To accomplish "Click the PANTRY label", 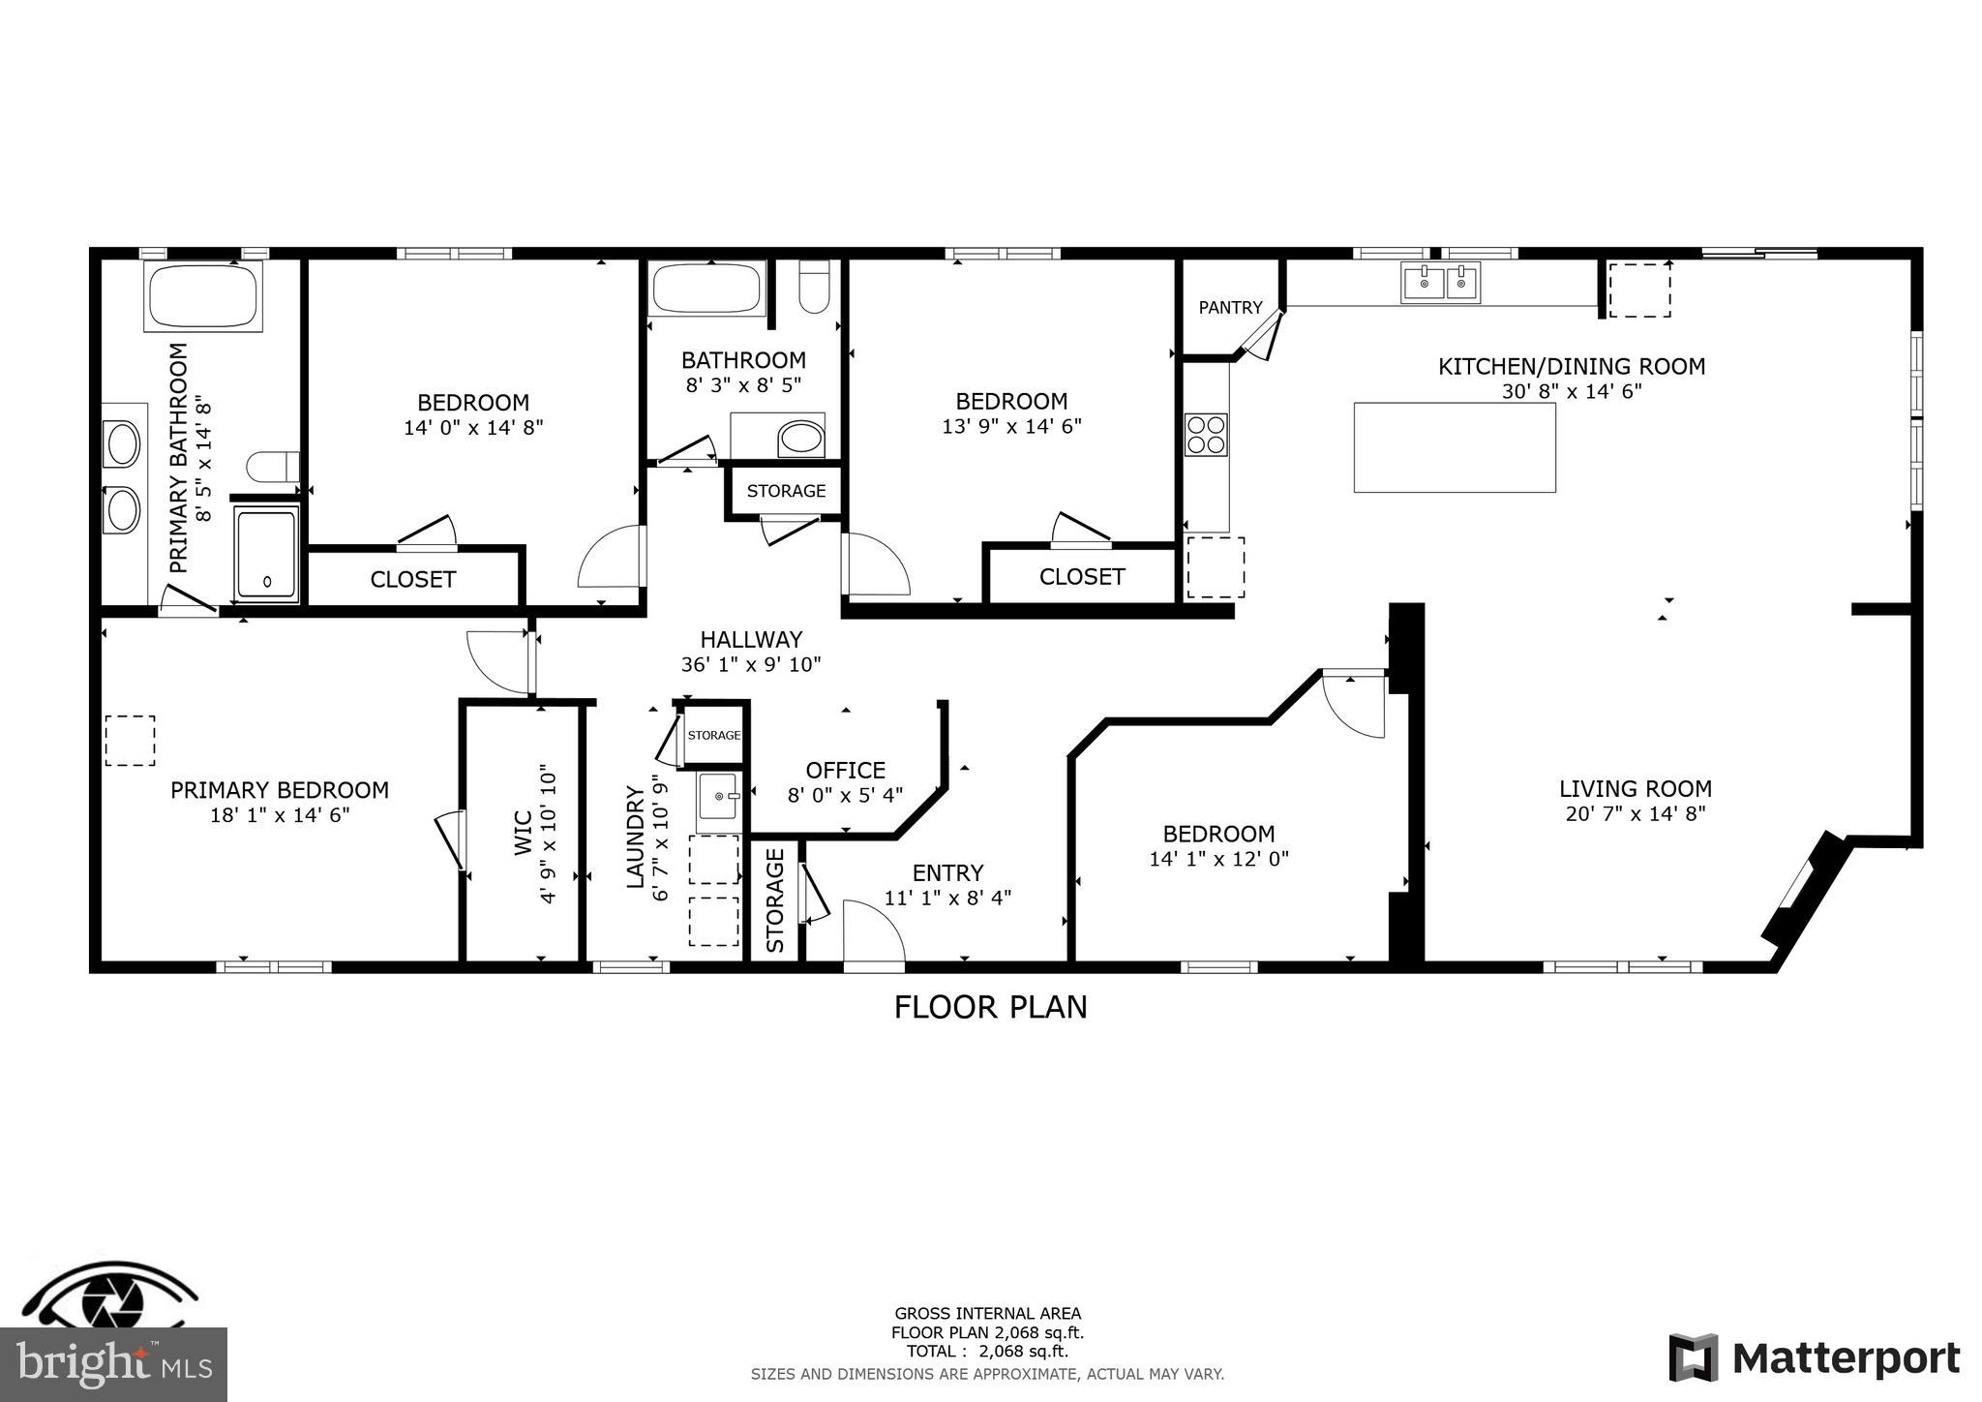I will tap(1230, 308).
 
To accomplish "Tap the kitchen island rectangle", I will tap(1454, 447).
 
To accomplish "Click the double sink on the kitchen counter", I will tap(1440, 284).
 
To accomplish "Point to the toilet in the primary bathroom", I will tap(272, 468).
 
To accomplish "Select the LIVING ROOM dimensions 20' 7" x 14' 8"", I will tap(1635, 814).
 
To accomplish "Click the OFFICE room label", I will tap(845, 770).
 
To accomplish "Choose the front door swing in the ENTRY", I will tap(872, 931).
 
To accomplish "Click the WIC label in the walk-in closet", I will tap(523, 833).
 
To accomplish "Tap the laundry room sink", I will tap(718, 796).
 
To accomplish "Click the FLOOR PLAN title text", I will tap(990, 1007).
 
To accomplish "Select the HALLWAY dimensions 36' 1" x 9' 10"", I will tap(751, 665).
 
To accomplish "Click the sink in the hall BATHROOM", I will tap(800, 439).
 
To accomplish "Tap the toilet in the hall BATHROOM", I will tap(814, 288).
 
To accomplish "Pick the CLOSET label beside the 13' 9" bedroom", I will tap(1081, 577).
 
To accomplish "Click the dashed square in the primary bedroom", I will tap(130, 741).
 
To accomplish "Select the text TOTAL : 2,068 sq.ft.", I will tap(987, 1352).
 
